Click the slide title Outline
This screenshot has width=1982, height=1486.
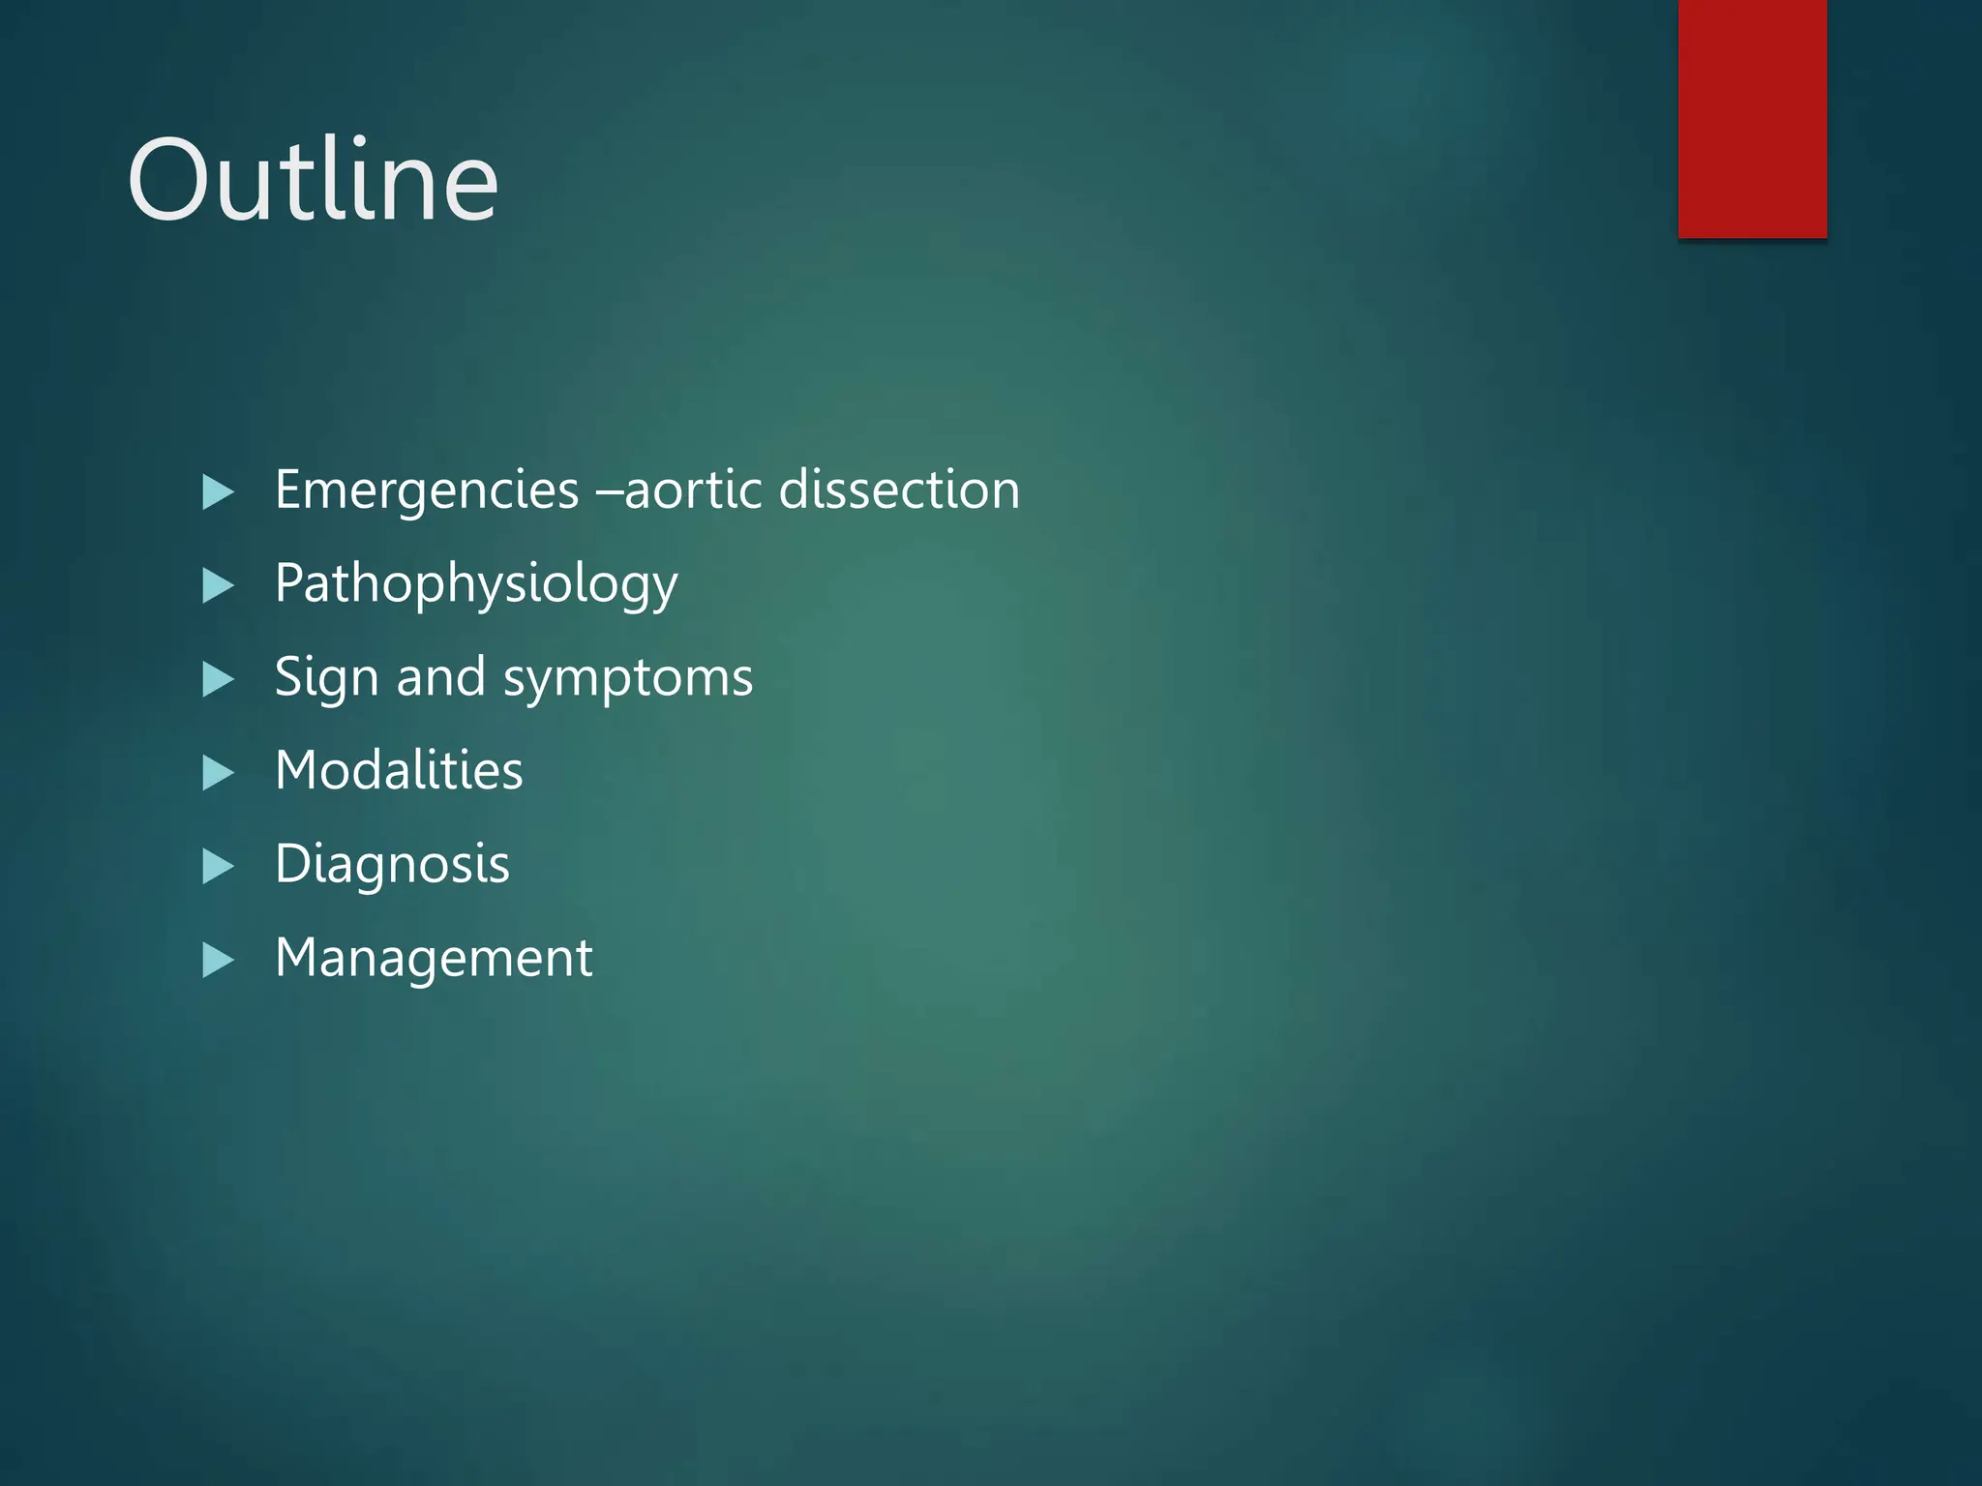click(x=313, y=180)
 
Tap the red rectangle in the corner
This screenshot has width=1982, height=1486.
click(x=1752, y=118)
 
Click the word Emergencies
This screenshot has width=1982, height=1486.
click(x=427, y=490)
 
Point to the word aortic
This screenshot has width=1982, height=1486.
click(x=694, y=490)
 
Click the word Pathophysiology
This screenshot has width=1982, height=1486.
click(x=476, y=584)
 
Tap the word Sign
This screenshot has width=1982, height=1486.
click(x=326, y=678)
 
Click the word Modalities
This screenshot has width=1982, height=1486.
click(x=399, y=771)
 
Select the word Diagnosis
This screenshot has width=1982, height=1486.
click(x=392, y=864)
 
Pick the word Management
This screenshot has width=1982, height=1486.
click(x=434, y=958)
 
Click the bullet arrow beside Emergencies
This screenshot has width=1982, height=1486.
click(x=218, y=492)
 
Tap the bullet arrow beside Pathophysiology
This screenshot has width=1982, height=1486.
click(x=218, y=586)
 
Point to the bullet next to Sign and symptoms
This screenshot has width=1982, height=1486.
click(x=218, y=679)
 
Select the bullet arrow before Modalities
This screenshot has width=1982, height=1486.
click(x=218, y=773)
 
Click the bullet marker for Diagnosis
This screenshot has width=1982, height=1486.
click(x=218, y=866)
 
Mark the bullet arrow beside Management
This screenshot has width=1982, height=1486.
click(x=218, y=960)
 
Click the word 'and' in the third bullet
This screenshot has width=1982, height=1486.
click(x=440, y=677)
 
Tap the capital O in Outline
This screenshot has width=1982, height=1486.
click(x=170, y=180)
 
